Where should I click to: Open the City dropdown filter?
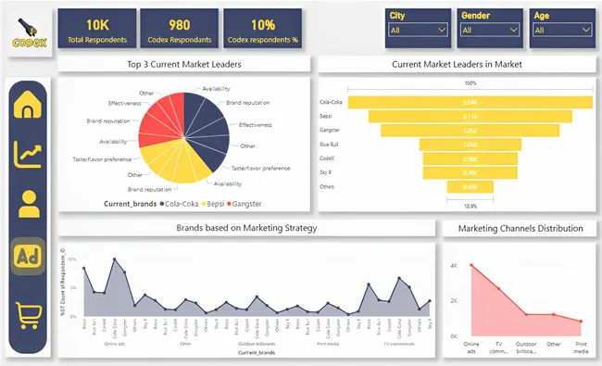[416, 30]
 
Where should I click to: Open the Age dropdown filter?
[560, 30]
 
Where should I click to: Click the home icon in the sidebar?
[30, 106]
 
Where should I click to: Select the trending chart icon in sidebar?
[30, 154]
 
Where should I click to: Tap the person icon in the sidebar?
[30, 204]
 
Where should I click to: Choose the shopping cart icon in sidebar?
[30, 314]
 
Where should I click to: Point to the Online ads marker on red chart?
[471, 266]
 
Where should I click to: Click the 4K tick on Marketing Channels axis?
[454, 266]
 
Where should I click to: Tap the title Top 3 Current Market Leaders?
[184, 64]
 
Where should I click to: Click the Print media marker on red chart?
[581, 322]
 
